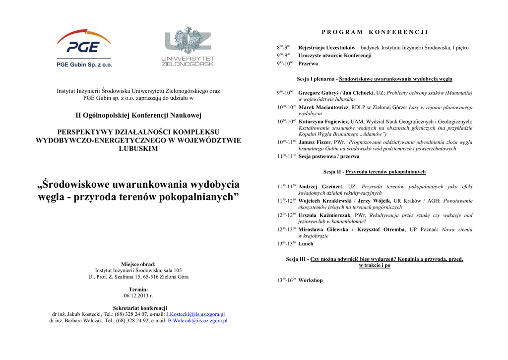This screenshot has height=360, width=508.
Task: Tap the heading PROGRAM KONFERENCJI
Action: (x=375, y=32)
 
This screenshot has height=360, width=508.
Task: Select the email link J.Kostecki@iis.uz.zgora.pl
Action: (x=195, y=314)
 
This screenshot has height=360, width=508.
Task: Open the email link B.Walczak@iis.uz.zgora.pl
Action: (x=197, y=321)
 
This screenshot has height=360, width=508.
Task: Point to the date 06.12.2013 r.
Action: (x=138, y=295)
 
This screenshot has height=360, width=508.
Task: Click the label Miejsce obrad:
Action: (x=138, y=264)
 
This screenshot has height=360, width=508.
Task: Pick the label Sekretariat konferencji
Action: (x=138, y=308)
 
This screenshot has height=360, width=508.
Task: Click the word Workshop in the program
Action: (x=311, y=281)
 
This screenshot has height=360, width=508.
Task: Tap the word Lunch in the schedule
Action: (x=306, y=244)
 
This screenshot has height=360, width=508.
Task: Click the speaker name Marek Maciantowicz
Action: (x=324, y=107)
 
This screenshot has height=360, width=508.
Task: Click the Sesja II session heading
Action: (x=375, y=172)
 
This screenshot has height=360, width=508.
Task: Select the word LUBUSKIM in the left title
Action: (x=138, y=148)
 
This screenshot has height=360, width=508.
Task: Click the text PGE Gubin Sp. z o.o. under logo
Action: (x=84, y=65)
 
